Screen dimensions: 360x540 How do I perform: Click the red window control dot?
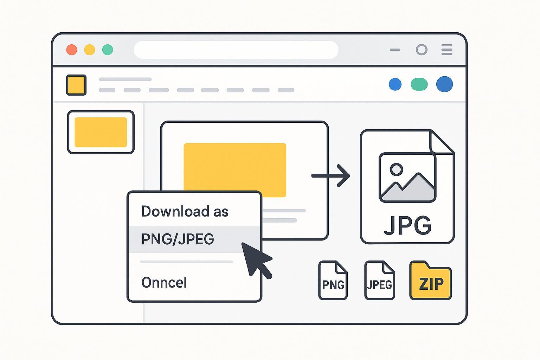click(72, 50)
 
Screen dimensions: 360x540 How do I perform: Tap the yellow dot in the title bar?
click(90, 50)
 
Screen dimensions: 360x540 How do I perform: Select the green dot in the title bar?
click(108, 50)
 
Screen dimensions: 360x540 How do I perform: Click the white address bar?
click(236, 50)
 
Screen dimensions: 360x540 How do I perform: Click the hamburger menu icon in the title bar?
click(447, 50)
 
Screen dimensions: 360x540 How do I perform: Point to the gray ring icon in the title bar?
click(422, 50)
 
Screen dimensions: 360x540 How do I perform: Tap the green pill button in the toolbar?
click(419, 84)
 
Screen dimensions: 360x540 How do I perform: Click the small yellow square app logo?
click(76, 85)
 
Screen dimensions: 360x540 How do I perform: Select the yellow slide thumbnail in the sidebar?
click(101, 132)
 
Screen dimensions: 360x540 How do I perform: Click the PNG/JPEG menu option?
click(178, 239)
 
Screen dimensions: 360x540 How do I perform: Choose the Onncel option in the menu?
click(164, 283)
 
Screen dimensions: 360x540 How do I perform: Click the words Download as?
click(185, 212)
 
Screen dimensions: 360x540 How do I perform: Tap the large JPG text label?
click(407, 225)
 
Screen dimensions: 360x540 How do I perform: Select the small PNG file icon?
click(333, 281)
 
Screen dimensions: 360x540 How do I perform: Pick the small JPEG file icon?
click(380, 281)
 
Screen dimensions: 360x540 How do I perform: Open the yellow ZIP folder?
click(431, 281)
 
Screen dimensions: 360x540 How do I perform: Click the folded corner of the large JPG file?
click(441, 142)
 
